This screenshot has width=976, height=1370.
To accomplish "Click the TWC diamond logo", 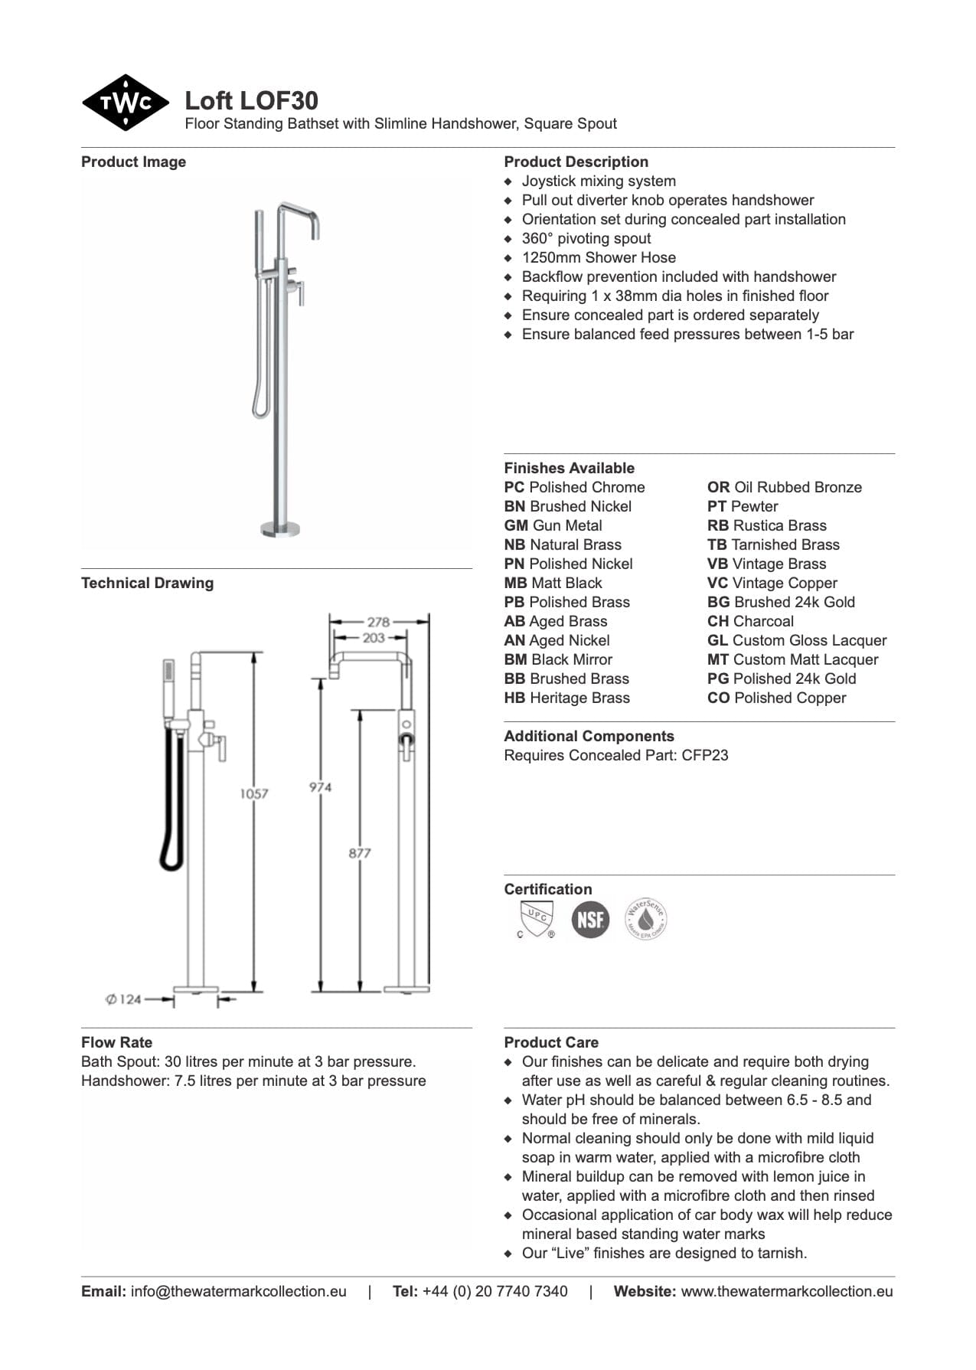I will pos(125,103).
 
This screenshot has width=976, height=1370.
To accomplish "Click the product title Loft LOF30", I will pos(251,100).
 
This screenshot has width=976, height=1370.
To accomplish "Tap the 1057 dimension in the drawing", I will pos(253,793).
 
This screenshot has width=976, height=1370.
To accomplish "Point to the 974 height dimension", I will pos(320,786).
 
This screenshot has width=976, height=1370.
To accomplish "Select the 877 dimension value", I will pos(360,852).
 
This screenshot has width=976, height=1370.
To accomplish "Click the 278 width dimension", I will pos(378,622).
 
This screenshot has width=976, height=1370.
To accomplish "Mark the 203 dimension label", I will pos(374,637).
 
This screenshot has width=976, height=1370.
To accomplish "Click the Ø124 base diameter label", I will pos(123,999).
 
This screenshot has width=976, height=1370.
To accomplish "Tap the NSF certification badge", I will pos(590,919).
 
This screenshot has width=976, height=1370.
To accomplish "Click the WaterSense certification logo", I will pos(645,919).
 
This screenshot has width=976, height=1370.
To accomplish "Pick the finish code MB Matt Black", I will pos(553,583).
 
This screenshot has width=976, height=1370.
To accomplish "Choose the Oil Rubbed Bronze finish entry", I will pos(784,487).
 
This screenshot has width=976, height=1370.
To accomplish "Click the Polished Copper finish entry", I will pos(776,698).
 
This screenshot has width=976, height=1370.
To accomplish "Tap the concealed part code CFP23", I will pos(705,755).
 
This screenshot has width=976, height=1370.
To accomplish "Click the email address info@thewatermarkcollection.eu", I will pos(238,1291).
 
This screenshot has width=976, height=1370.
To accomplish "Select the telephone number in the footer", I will pos(495,1291).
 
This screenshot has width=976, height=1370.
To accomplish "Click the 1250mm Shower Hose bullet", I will pos(599,257).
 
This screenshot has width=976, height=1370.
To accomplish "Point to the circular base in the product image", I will pos(280,528).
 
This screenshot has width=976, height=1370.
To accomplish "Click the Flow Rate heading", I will pos(116,1042).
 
